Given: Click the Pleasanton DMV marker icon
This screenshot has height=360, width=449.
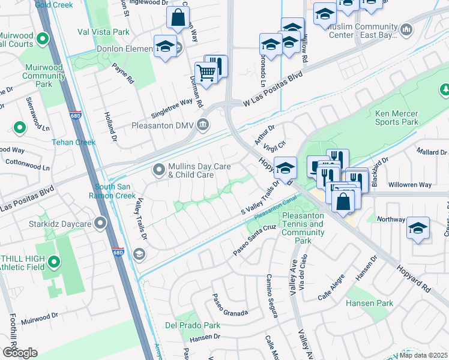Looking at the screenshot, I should [x=203, y=125].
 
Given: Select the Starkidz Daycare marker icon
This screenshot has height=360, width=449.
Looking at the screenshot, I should [x=101, y=224].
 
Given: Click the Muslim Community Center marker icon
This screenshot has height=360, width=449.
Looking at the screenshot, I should [x=406, y=29].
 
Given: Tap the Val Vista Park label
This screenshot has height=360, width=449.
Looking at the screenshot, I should [x=103, y=31].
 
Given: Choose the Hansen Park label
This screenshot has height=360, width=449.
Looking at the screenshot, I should [x=370, y=303].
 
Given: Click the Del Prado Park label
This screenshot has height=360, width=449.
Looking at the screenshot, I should [x=193, y=325].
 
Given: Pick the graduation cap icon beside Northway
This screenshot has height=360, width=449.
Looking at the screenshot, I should [x=418, y=229].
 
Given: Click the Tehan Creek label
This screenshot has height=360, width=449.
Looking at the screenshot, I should [x=73, y=142].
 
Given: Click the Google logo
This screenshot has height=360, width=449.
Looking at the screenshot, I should [x=20, y=352].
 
